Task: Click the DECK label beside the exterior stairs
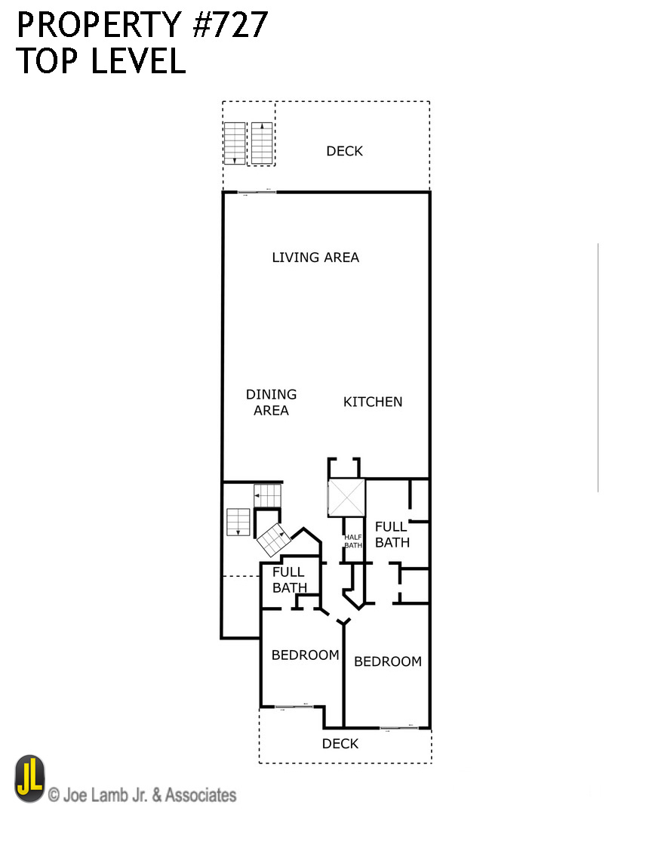[x=344, y=151]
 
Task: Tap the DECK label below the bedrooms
[x=340, y=744]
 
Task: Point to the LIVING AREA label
[x=315, y=257]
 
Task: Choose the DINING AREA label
[x=271, y=402]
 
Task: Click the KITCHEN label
[x=373, y=402]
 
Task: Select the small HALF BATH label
[x=353, y=541]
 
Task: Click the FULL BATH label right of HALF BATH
[x=392, y=534]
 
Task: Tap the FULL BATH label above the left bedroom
[x=289, y=580]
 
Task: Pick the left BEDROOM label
[x=305, y=655]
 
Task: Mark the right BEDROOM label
[x=387, y=661]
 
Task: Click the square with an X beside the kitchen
[x=346, y=498]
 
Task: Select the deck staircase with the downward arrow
[x=235, y=143]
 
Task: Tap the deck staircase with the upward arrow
[x=262, y=143]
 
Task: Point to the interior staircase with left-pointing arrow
[x=268, y=496]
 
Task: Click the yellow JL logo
[x=30, y=778]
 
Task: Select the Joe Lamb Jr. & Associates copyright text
[x=142, y=795]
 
